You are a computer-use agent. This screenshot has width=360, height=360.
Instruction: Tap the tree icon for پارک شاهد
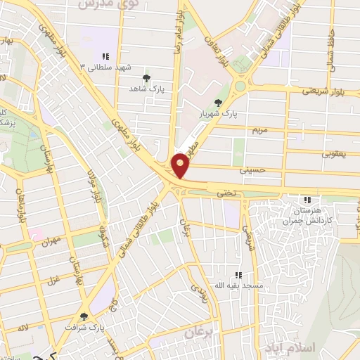(146, 78)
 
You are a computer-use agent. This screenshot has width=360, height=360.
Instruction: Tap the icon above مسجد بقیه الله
(238, 274)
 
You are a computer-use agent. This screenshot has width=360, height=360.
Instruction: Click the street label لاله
(23, 328)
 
